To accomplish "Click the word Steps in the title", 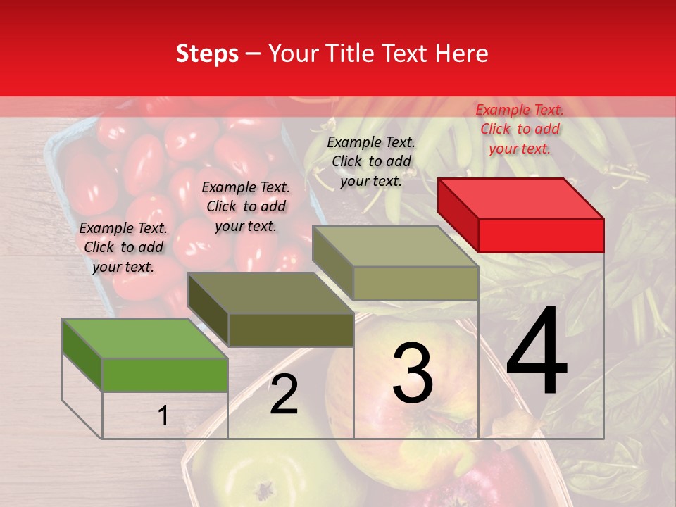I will point(207,54).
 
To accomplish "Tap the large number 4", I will point(537,352).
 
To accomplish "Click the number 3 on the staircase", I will point(412,373).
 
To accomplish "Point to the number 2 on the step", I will point(284,395).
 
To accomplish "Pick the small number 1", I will point(163,416).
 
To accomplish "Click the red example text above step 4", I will point(520,129).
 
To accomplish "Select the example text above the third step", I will point(371,161).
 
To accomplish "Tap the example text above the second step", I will point(246,206).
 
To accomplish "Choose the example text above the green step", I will point(123,247).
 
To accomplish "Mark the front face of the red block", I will point(541,235).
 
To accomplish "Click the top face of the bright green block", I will point(144,338).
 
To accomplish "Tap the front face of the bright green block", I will point(165,375).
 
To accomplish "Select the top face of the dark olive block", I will point(270,292).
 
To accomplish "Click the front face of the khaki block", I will point(415,283).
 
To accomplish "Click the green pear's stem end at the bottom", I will point(264,488).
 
